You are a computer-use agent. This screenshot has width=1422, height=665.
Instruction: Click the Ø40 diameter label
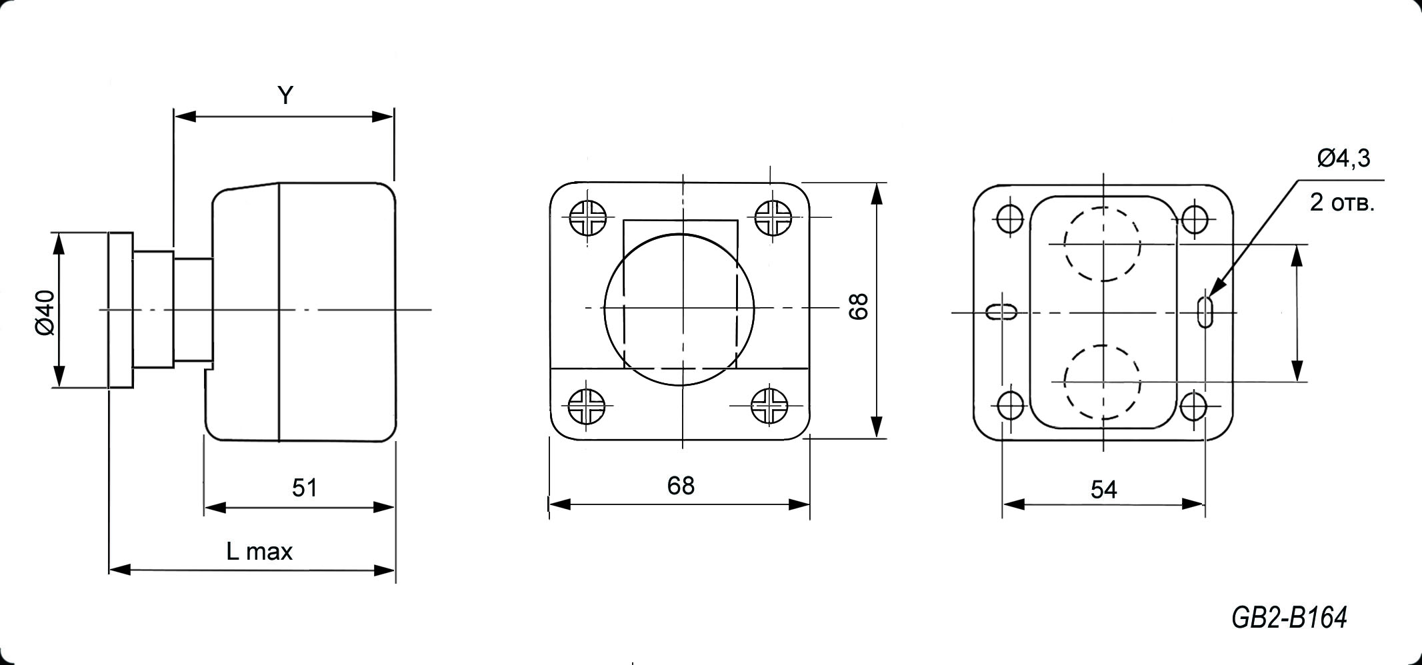pyautogui.click(x=46, y=312)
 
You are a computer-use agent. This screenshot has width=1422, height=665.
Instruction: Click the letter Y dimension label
pyautogui.click(x=285, y=96)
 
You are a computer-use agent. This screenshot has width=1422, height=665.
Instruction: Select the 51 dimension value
pyautogui.click(x=305, y=488)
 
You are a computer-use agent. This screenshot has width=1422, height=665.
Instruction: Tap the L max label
pyautogui.click(x=259, y=551)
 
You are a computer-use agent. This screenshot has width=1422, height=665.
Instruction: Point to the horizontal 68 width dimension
pyautogui.click(x=681, y=486)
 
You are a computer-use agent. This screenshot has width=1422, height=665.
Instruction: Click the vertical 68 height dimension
pyautogui.click(x=859, y=307)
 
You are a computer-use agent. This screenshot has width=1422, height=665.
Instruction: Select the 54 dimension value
pyautogui.click(x=1103, y=490)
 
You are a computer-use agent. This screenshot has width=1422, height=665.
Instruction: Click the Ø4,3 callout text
pyautogui.click(x=1344, y=159)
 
